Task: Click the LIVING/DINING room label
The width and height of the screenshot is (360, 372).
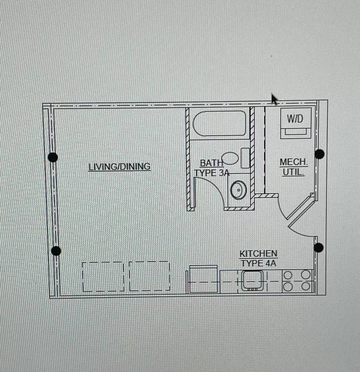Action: (x=119, y=167)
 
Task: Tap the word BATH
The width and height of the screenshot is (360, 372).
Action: (x=212, y=163)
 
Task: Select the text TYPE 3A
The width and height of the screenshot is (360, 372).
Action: (x=212, y=173)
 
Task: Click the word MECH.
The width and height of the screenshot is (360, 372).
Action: (x=294, y=162)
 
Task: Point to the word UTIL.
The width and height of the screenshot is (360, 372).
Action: (x=293, y=172)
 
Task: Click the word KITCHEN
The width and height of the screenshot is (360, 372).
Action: (x=258, y=254)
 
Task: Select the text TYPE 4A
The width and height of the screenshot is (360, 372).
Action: (x=258, y=263)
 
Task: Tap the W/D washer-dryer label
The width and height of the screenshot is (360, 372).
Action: (x=295, y=118)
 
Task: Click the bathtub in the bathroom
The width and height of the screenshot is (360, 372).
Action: (x=219, y=123)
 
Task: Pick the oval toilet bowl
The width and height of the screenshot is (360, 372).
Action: (x=230, y=158)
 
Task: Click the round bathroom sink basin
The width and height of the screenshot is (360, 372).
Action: (x=238, y=190)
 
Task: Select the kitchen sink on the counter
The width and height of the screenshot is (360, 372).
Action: (x=252, y=280)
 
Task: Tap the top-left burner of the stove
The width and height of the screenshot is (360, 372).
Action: (x=288, y=275)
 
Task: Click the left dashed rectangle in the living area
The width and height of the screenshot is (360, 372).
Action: (x=103, y=277)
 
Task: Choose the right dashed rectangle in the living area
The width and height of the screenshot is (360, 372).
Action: (x=150, y=276)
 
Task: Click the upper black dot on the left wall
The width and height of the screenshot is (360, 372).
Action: (x=53, y=157)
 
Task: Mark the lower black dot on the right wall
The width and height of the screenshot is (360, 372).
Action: (x=318, y=247)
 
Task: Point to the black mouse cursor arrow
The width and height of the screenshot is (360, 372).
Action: (x=274, y=99)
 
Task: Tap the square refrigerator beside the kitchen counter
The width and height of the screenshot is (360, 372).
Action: (x=203, y=279)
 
